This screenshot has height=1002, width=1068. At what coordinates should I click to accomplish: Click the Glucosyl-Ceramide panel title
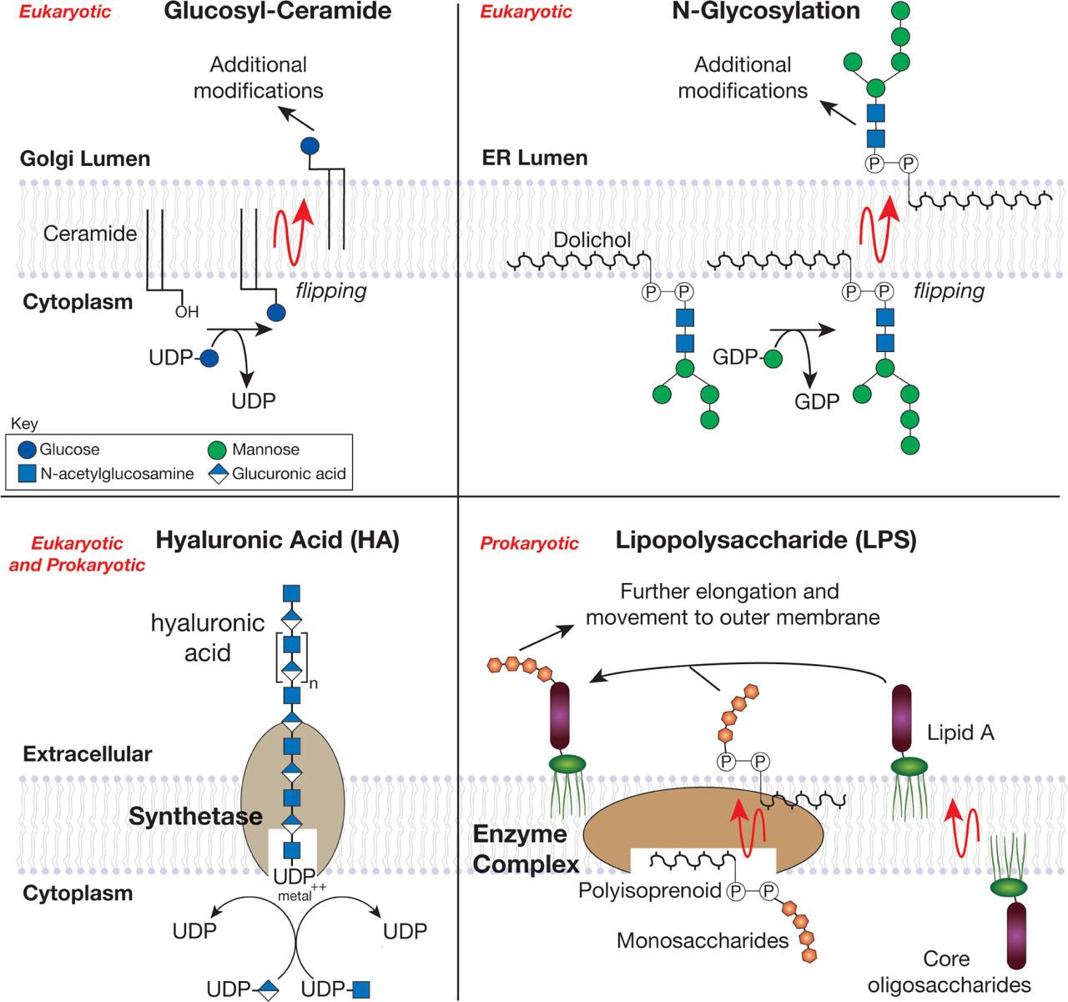click(278, 12)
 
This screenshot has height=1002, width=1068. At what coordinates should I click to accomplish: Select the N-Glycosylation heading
click(766, 12)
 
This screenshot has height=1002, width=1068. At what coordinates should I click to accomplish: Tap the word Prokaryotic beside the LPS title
click(529, 544)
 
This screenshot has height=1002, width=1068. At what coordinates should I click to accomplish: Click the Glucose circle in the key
click(27, 450)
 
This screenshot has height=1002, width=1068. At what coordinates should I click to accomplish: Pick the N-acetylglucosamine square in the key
click(27, 474)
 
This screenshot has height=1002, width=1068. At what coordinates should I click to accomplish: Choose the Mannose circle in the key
click(217, 450)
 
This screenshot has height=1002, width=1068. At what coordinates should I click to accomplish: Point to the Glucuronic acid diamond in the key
click(219, 474)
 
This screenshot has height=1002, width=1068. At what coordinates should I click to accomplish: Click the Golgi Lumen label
click(85, 159)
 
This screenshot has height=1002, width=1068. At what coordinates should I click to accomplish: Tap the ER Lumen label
click(535, 159)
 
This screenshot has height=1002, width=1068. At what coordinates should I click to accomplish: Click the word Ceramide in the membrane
click(90, 234)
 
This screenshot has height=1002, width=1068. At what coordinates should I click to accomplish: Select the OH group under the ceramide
click(187, 312)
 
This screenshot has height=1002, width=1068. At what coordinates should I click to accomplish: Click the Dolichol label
click(592, 240)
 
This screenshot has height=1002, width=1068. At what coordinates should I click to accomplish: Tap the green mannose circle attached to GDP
click(773, 359)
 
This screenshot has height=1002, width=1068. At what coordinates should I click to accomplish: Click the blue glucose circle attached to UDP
click(209, 358)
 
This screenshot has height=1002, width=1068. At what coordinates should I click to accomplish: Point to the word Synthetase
click(196, 817)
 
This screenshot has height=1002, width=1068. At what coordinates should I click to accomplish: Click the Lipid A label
click(960, 733)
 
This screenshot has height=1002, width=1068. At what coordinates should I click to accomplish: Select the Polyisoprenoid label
click(650, 891)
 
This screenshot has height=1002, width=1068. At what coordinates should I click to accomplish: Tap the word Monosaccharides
click(703, 941)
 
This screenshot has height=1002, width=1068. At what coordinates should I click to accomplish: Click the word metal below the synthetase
click(295, 896)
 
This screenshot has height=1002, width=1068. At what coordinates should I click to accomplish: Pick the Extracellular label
click(87, 754)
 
